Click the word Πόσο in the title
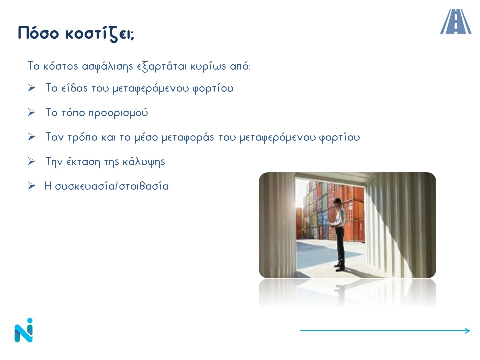[x=38, y=33]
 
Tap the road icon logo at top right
[x=456, y=21]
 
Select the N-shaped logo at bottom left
[x=24, y=330]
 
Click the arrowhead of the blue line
[x=467, y=330]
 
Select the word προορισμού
[x=118, y=113]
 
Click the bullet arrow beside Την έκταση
[x=31, y=161]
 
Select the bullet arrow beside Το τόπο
[x=31, y=112]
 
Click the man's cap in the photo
[x=337, y=201]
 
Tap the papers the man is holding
[x=331, y=224]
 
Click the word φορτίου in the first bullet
[x=213, y=88]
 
